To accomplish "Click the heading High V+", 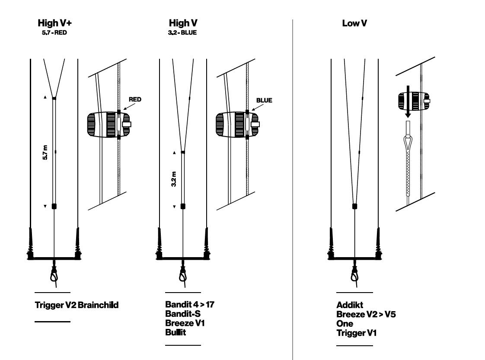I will point(54,23).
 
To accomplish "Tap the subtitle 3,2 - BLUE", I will point(182,32).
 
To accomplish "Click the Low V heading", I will point(354,23).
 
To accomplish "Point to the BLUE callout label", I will point(264,100).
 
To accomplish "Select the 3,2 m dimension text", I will point(174,179).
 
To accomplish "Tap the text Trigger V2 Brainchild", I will point(77,305).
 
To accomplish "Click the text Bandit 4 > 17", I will point(190,305).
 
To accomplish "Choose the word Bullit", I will point(175,333).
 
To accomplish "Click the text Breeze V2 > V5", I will point(366,315).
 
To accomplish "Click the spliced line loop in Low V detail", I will point(408,143).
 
